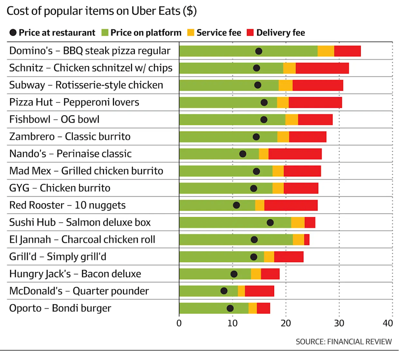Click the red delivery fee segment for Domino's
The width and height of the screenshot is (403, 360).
tap(347, 51)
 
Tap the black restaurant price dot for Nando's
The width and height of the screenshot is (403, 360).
tap(243, 154)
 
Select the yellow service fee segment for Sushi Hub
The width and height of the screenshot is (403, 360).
tap(298, 223)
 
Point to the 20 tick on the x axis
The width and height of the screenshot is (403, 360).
tap(286, 323)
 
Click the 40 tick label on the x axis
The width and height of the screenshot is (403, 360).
tap(388, 323)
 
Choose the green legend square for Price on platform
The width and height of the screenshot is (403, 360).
tap(105, 32)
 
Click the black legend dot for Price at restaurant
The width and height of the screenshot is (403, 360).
tap(13, 32)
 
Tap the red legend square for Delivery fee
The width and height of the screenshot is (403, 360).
tap(250, 32)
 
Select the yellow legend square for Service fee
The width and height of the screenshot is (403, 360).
tap(191, 32)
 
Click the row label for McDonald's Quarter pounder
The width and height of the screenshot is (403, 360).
tap(79, 291)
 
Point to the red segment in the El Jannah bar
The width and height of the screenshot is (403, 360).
tap(307, 240)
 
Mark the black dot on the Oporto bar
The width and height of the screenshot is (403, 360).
tap(230, 308)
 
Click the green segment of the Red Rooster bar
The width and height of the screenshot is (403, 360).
tap(217, 205)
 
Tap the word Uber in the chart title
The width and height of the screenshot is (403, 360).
tap(143, 11)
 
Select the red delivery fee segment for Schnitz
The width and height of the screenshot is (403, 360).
tap(322, 68)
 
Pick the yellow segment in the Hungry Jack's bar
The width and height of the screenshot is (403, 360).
tap(256, 274)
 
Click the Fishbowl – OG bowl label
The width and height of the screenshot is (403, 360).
tap(54, 119)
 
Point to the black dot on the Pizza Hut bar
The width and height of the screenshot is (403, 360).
tap(264, 102)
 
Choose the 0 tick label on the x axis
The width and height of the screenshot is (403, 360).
tap(179, 323)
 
